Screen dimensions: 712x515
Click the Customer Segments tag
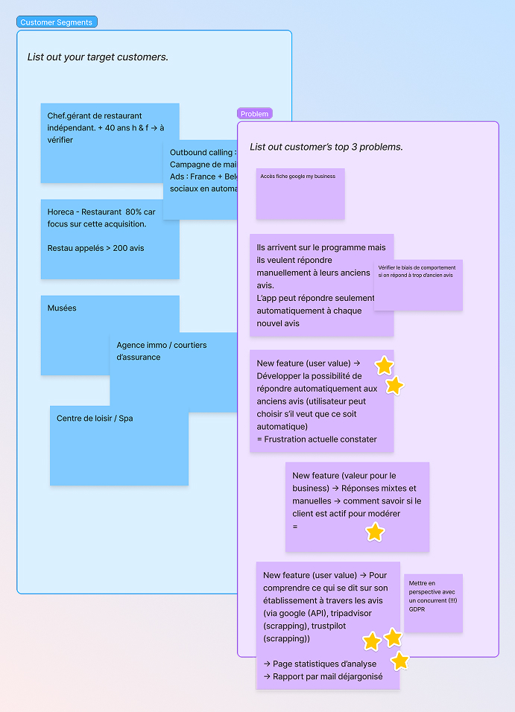click(57, 22)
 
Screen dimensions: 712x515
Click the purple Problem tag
click(254, 114)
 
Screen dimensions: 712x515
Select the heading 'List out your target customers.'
click(98, 57)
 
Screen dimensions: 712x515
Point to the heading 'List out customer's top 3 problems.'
click(326, 147)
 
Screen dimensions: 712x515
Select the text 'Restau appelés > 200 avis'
click(95, 248)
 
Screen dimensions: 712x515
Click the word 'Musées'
click(62, 308)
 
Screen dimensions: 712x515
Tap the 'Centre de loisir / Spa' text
click(95, 419)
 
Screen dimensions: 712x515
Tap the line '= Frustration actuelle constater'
click(316, 439)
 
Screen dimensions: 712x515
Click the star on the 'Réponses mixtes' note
click(375, 532)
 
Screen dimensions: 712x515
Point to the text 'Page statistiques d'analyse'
click(323, 664)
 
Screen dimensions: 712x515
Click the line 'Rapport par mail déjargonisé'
click(327, 676)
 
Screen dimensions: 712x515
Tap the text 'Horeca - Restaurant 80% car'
click(101, 212)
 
